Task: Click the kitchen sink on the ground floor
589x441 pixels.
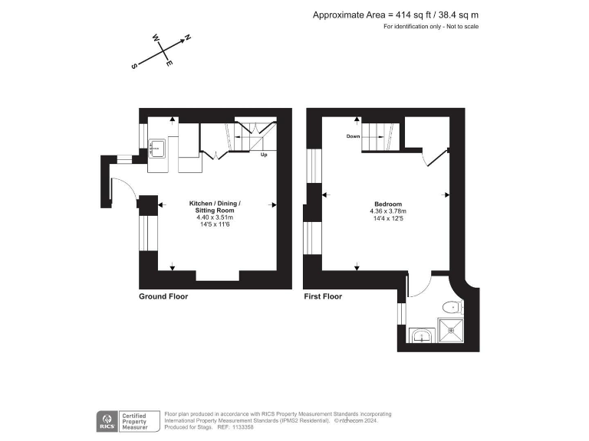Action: [158, 149]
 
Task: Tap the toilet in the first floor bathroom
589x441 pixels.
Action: [449, 308]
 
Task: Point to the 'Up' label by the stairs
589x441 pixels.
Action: [264, 155]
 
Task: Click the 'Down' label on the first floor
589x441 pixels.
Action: [353, 136]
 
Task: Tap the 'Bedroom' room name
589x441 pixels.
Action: [387, 204]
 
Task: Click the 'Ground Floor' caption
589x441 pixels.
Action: [163, 296]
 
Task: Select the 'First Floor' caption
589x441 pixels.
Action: [324, 296]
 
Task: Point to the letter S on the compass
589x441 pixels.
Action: [134, 67]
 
